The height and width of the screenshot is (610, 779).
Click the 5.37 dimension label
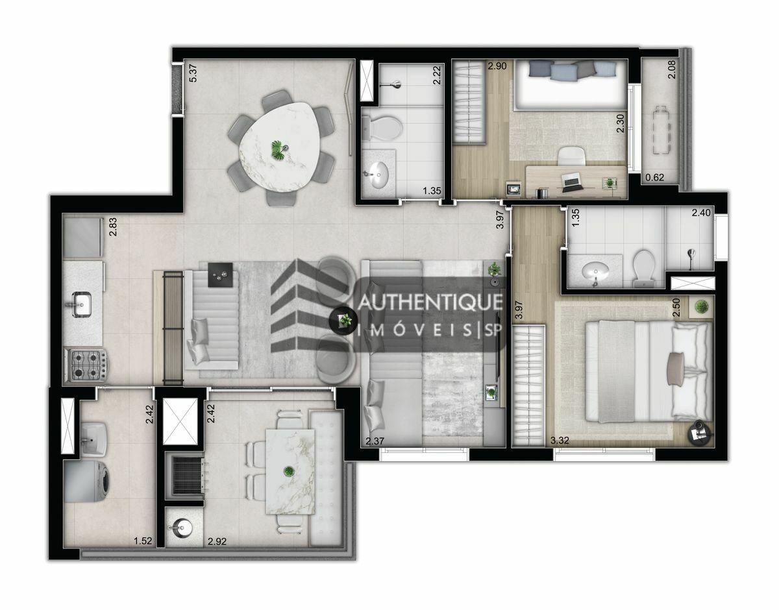(x=193, y=73)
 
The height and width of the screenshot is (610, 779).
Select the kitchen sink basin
(x=82, y=304)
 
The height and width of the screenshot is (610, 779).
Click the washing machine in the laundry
(x=87, y=482)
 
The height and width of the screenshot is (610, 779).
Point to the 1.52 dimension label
(x=143, y=541)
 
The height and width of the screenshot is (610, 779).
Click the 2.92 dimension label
(x=217, y=541)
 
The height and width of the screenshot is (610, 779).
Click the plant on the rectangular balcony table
(x=288, y=470)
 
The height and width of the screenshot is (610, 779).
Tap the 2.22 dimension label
(x=436, y=75)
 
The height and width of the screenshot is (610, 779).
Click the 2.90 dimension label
(x=497, y=66)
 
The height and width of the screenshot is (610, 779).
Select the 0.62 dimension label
(x=654, y=177)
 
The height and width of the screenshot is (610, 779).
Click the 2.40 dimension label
(x=701, y=213)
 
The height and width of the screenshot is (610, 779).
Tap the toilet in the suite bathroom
(x=644, y=267)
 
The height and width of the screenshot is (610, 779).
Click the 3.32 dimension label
(x=560, y=440)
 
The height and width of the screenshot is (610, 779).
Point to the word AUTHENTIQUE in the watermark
(x=430, y=302)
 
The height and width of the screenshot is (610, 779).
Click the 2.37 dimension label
(x=375, y=441)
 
